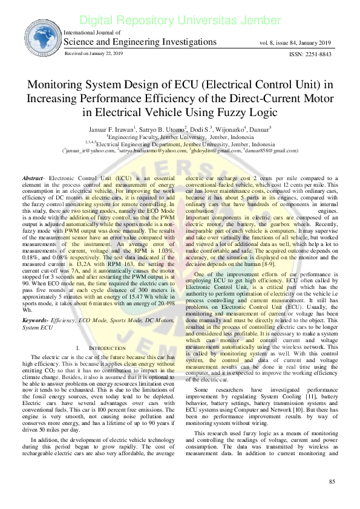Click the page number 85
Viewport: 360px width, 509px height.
332,498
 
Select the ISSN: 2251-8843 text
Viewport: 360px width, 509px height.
310,54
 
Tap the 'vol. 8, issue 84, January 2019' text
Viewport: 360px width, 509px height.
296,43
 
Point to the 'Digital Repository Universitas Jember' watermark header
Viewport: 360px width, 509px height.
180,21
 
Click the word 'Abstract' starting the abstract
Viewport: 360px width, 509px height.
33,162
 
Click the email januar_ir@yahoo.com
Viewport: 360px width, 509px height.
90,151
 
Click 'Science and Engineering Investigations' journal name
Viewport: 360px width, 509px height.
140,42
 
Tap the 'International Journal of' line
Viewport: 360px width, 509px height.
92,33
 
